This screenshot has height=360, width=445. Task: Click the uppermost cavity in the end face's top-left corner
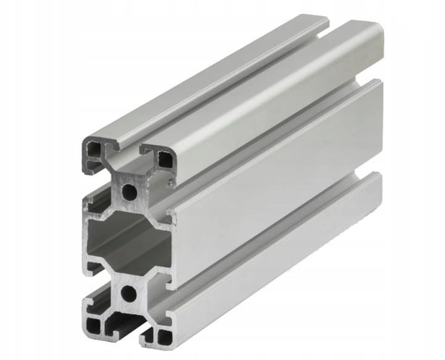coord(94,149)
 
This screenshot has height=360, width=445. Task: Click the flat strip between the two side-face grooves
coord(278,198)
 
